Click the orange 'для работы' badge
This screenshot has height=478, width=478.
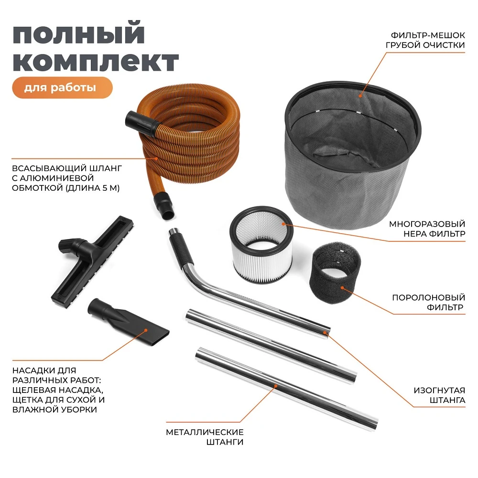point(62,88)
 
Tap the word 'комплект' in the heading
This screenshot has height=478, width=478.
point(95,62)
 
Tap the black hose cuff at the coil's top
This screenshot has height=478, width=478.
point(141,121)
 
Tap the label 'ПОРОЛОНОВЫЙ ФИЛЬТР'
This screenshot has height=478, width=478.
point(427,302)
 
